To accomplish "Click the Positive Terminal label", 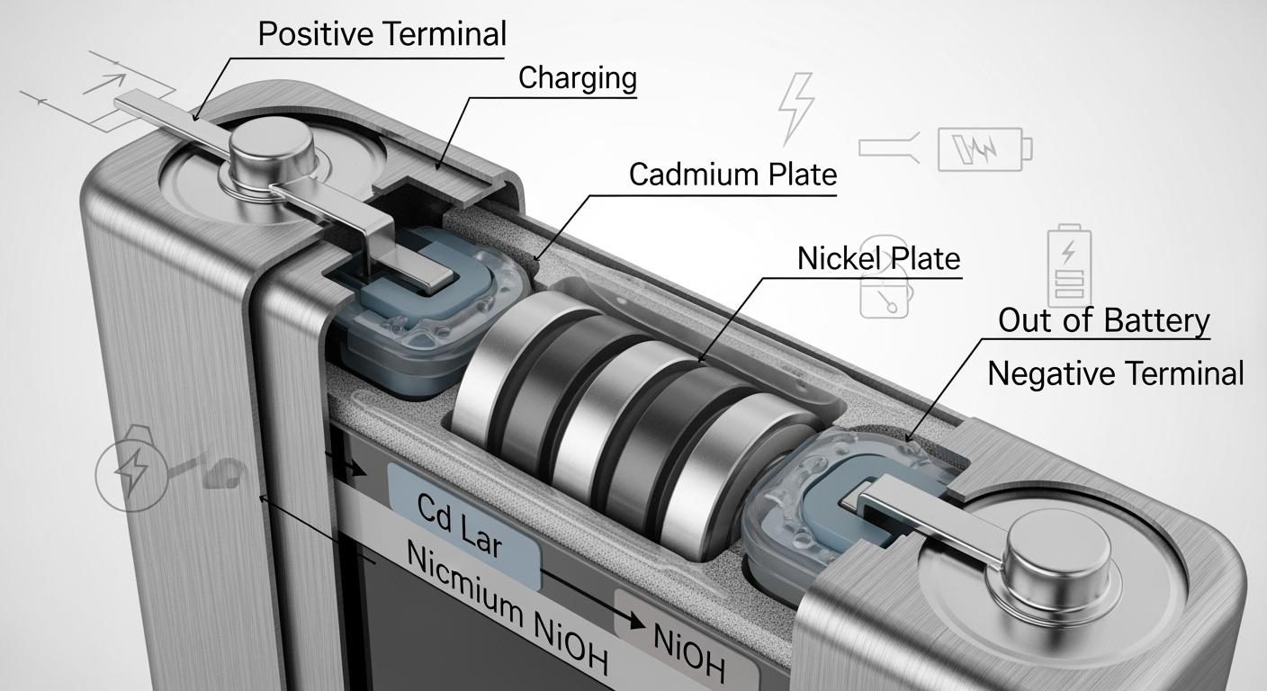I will (x=382, y=34).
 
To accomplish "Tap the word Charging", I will (x=577, y=78).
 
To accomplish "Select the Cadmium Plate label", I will (x=732, y=174).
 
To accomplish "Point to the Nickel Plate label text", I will (x=878, y=259).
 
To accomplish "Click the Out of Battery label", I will (x=1103, y=320).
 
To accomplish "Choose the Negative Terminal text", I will (x=1115, y=372).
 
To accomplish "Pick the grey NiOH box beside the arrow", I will (x=688, y=644).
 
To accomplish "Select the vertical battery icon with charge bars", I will (x=1068, y=265).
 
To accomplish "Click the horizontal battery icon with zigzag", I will (x=984, y=148).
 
